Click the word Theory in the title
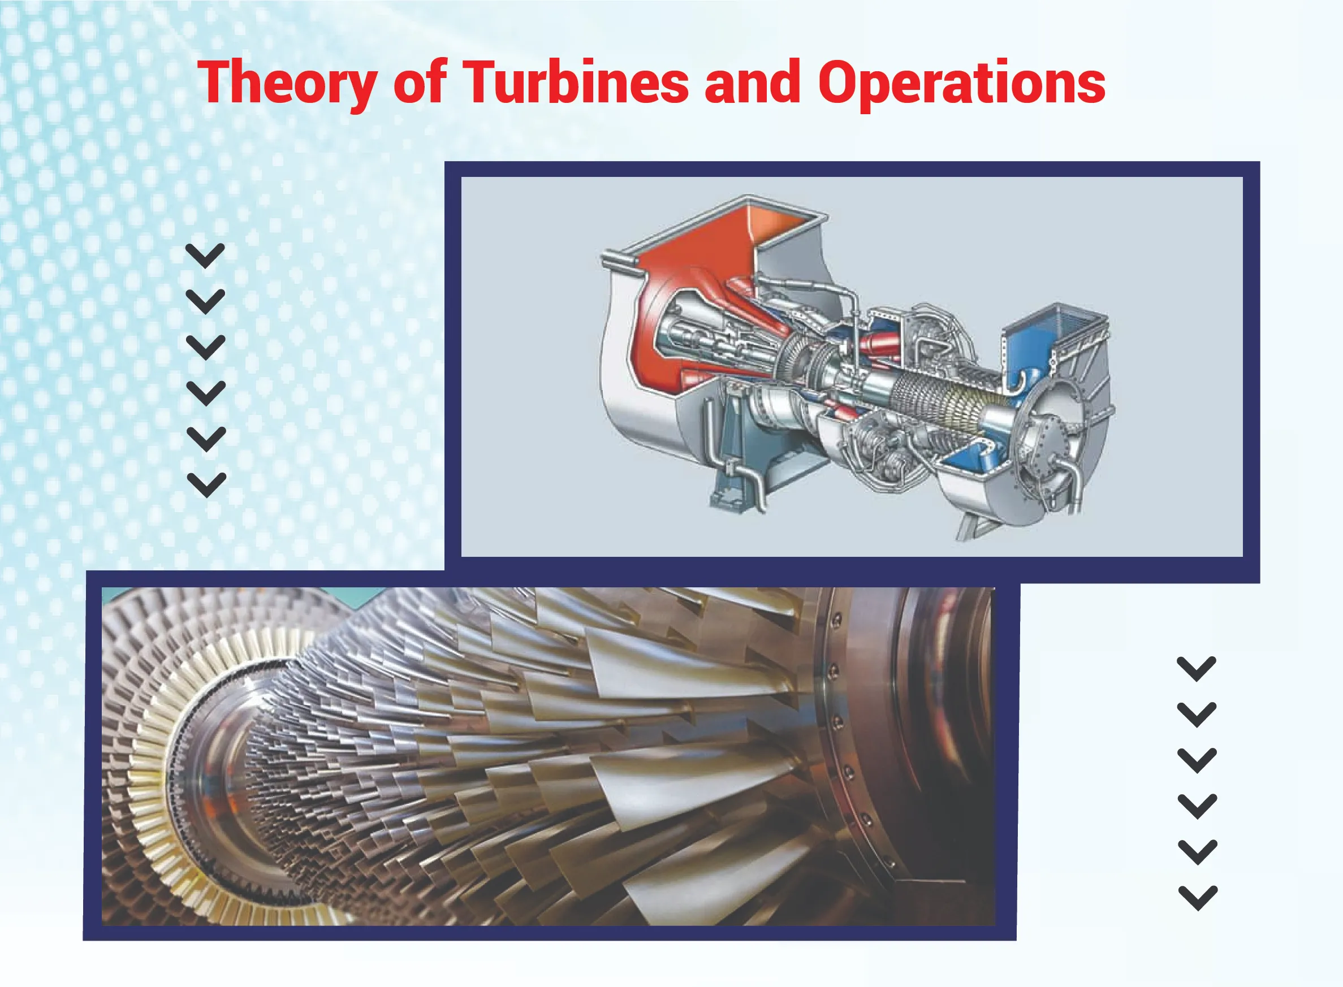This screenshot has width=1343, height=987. [287, 84]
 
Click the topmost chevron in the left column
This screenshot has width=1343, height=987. [206, 256]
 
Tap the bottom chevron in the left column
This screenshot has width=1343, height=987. [206, 485]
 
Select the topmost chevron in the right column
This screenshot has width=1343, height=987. [1197, 669]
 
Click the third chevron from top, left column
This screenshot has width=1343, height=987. [206, 347]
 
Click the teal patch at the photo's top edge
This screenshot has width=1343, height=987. [359, 596]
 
